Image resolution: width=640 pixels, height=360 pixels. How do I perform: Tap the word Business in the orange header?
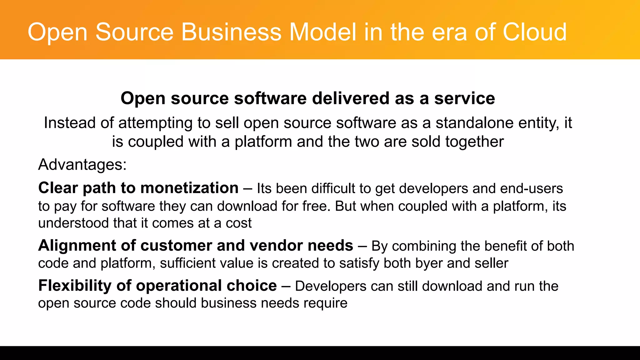point(231,32)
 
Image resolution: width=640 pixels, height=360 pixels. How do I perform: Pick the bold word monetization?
point(189,188)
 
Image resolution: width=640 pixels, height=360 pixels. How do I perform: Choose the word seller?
point(491,263)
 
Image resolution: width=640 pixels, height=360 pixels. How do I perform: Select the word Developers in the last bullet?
point(331,286)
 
